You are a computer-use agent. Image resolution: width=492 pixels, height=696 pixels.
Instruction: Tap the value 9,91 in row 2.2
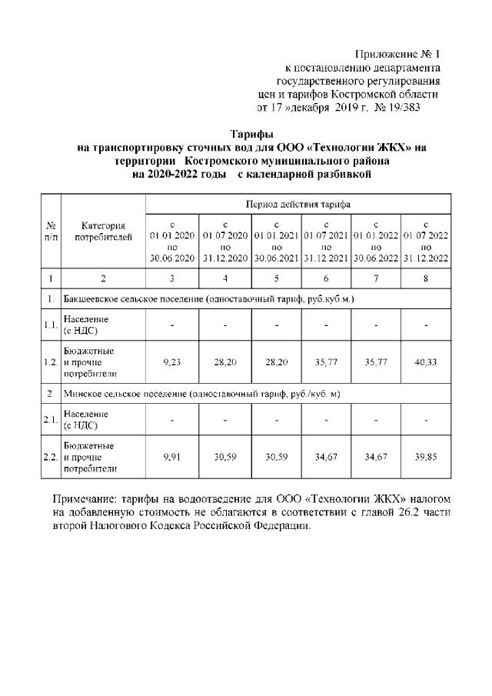pos(172,456)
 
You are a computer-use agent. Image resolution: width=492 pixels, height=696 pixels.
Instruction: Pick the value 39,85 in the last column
pos(425,456)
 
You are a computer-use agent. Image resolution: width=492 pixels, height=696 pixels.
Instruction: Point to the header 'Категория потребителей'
pos(103,231)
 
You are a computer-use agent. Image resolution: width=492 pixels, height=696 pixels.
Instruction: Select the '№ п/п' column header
pos(50,231)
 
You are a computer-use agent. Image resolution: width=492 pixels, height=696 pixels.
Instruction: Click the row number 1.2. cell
pos(50,359)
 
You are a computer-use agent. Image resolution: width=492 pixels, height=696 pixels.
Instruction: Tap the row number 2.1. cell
pos(50,420)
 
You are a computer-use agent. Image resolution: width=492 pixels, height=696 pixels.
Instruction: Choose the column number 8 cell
pos(425,278)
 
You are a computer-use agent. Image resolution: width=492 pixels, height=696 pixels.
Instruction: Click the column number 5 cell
pos(274,278)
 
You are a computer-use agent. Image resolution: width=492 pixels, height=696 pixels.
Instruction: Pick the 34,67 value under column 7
pos(375,456)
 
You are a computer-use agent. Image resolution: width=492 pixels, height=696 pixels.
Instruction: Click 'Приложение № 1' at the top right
pos(397,55)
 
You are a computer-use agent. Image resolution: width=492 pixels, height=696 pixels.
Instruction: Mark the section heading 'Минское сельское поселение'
pos(125,395)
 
